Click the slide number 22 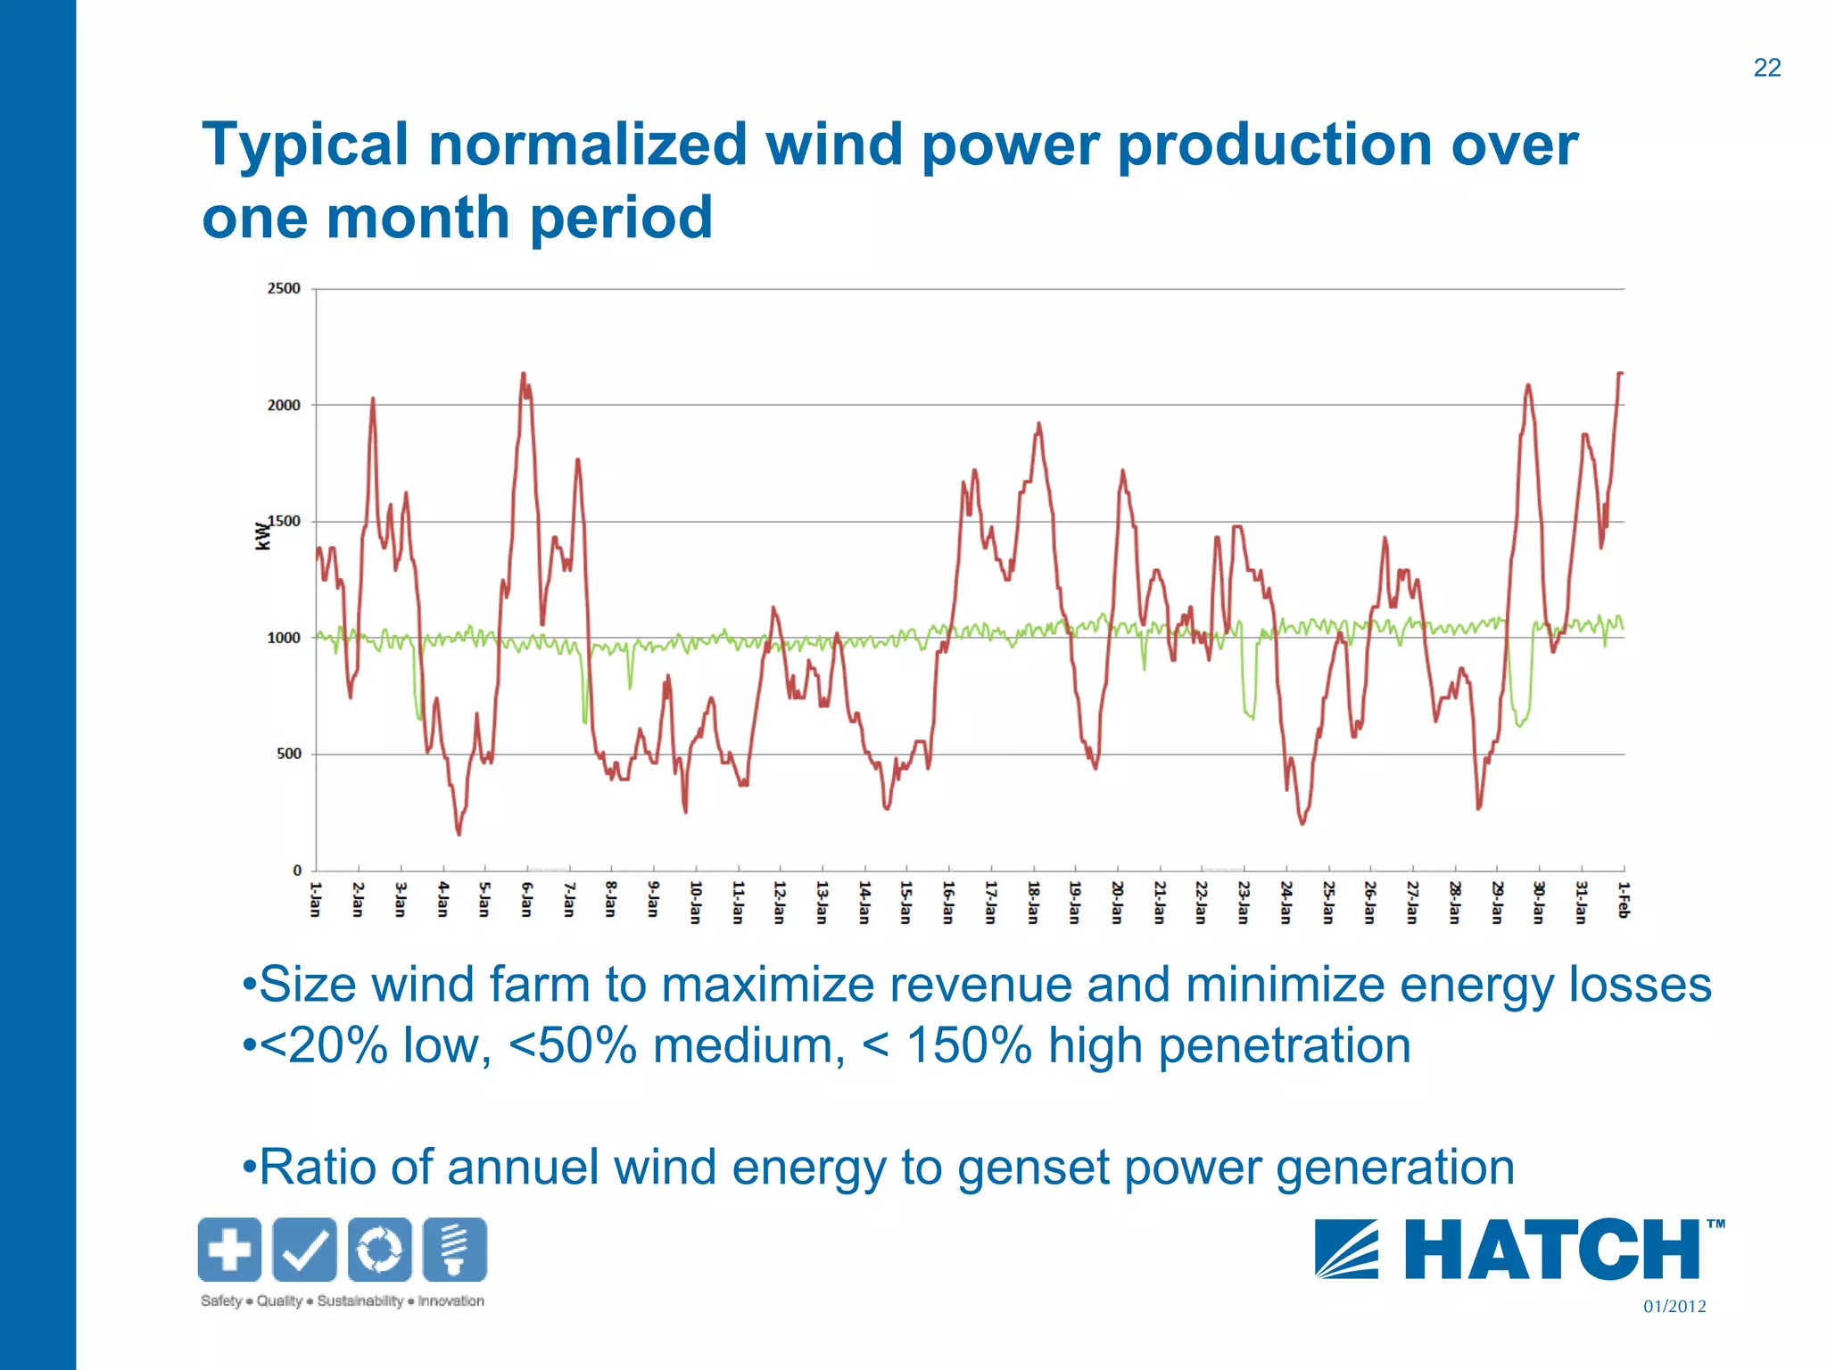pyautogui.click(x=1766, y=68)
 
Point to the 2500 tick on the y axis pyautogui.click(x=284, y=288)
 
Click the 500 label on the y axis pyautogui.click(x=289, y=754)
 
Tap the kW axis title pyautogui.click(x=262, y=535)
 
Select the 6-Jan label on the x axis pyautogui.click(x=527, y=899)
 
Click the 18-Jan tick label pyautogui.click(x=1033, y=902)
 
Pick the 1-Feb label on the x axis pyautogui.click(x=1624, y=899)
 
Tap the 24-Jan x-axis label pyautogui.click(x=1286, y=902)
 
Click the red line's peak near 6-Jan pyautogui.click(x=524, y=375)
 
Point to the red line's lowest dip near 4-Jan pyautogui.click(x=459, y=833)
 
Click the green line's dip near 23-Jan pyautogui.click(x=1251, y=715)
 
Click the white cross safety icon pyautogui.click(x=229, y=1249)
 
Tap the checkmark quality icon pyautogui.click(x=304, y=1249)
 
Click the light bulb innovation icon pyautogui.click(x=455, y=1249)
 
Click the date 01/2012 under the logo pyautogui.click(x=1674, y=1307)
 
